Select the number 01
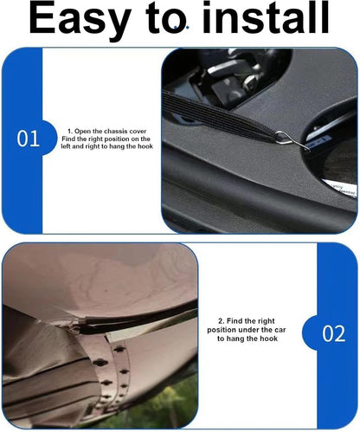29,139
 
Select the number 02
333,334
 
